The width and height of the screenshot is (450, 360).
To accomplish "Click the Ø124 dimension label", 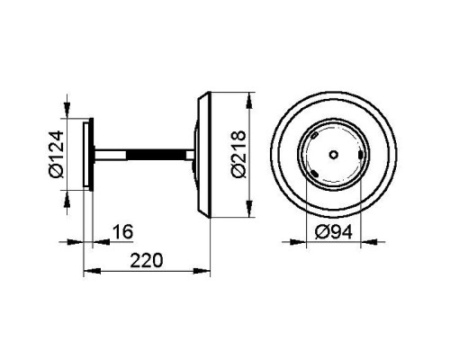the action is (56, 154).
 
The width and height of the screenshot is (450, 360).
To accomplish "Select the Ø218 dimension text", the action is (239, 154).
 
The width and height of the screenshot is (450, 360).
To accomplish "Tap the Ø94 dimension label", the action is (334, 232).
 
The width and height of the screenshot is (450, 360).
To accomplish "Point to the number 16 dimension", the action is (122, 231).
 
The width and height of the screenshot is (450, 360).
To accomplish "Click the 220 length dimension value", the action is (147, 260).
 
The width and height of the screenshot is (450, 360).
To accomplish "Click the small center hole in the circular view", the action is (334, 154).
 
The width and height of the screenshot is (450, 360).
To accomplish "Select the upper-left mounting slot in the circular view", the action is (314, 136).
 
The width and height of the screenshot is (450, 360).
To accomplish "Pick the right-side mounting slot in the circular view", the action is (360, 155).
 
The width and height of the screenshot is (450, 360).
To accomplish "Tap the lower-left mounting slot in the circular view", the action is (314, 173).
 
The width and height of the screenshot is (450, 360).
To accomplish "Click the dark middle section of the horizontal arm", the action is (156, 154).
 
